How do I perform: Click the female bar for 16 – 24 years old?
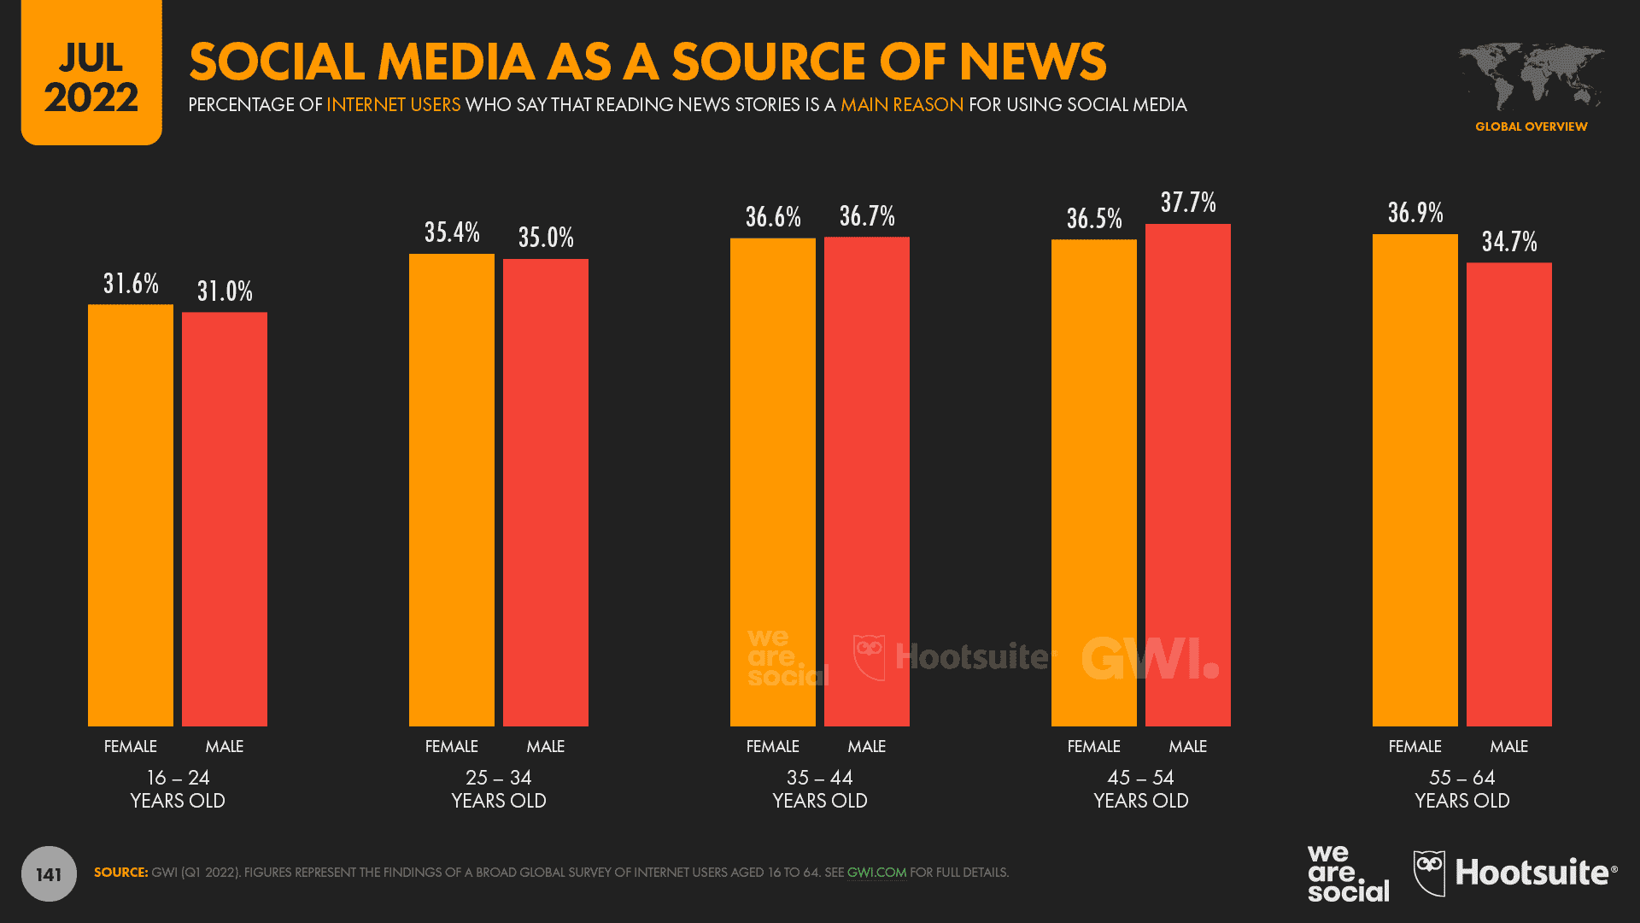click(131, 515)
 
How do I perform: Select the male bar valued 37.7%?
click(1187, 475)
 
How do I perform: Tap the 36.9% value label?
click(1415, 213)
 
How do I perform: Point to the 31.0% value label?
click(225, 291)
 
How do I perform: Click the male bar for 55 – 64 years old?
click(1508, 494)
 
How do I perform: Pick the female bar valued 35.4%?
click(451, 490)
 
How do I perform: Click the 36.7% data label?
click(867, 216)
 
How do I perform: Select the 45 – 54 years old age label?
click(1141, 789)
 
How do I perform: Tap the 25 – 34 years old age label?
click(499, 789)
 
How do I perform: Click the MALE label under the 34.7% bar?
click(1508, 746)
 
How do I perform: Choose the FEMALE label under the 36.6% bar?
click(772, 746)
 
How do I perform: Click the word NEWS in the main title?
click(1032, 62)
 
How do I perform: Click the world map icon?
click(1531, 75)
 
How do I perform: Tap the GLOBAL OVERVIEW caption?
click(1531, 126)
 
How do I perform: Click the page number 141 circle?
click(49, 874)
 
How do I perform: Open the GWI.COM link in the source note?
click(876, 873)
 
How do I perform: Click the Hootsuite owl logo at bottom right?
click(1429, 873)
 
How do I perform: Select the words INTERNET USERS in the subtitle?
click(393, 104)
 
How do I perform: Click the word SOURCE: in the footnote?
click(120, 873)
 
